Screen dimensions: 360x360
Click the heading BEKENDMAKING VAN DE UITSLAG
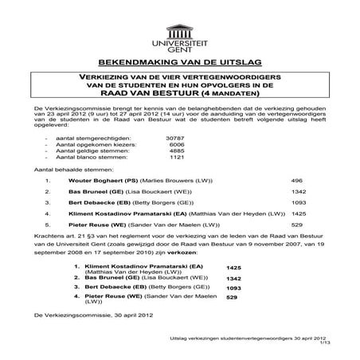coord(179,61)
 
